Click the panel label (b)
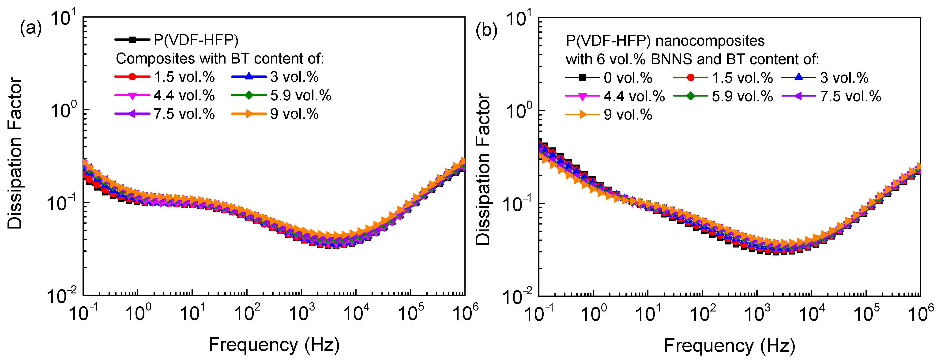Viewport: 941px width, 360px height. (x=486, y=30)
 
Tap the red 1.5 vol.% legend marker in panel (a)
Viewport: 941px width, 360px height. (x=132, y=77)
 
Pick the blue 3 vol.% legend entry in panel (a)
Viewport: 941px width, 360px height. (x=275, y=77)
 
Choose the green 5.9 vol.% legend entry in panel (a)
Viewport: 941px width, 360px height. (x=281, y=95)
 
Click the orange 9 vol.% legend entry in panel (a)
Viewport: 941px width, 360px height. (x=275, y=114)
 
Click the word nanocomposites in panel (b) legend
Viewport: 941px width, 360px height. (x=710, y=41)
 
